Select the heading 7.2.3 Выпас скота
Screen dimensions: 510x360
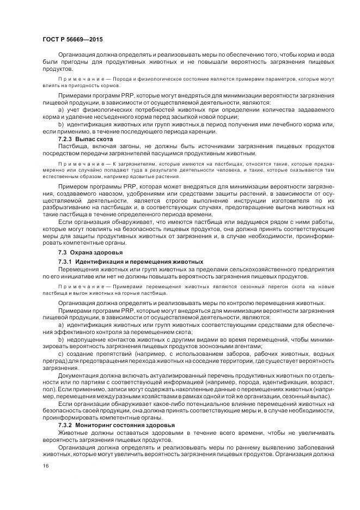tap(86, 139)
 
